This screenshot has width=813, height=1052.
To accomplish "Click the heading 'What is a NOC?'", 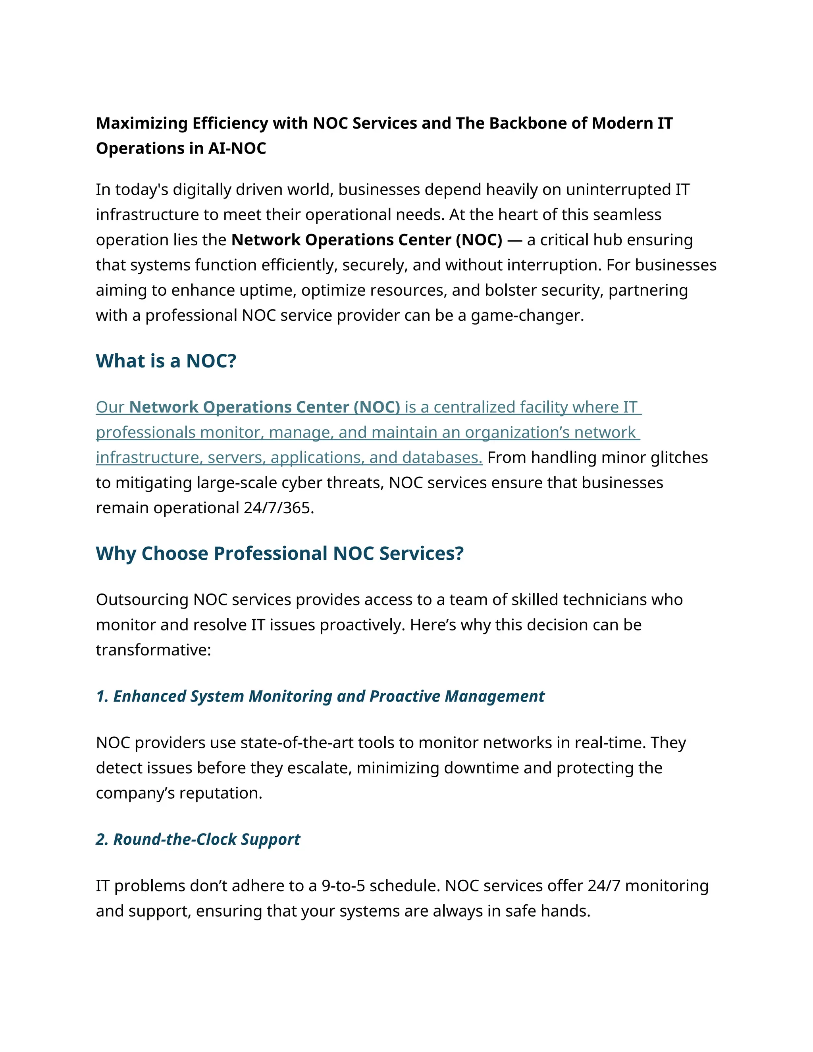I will [x=166, y=361].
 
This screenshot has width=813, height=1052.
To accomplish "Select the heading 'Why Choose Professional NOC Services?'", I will [x=279, y=553].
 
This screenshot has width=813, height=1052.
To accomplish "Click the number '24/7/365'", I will [x=278, y=508].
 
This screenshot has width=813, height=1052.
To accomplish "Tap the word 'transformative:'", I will [x=153, y=650].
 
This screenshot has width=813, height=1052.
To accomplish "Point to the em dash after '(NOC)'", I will [x=514, y=240].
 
